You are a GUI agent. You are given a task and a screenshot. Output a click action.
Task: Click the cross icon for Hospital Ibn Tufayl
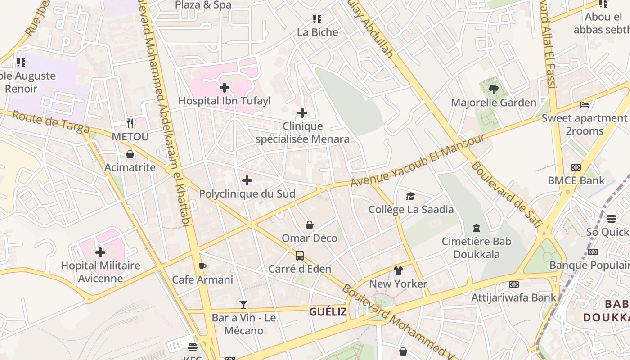tap(225, 88)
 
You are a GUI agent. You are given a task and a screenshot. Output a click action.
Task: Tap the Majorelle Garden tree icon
tap(494, 89)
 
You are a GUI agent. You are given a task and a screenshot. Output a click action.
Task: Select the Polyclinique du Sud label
tap(247, 194)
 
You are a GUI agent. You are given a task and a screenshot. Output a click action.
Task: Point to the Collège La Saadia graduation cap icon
tap(410, 196)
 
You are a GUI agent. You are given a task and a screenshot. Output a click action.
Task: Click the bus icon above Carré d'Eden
tap(300, 256)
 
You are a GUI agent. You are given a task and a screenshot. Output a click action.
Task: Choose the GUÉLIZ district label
tap(328, 311)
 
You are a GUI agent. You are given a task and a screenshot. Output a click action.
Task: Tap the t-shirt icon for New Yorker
tap(398, 270)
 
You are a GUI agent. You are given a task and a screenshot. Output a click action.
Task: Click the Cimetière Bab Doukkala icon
tap(477, 228)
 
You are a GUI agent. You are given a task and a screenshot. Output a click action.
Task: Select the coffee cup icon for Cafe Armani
tap(202, 266)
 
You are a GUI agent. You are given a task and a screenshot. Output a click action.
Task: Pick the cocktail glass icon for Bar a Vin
tap(243, 305)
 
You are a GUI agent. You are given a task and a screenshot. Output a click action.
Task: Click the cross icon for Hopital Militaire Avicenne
tap(100, 252)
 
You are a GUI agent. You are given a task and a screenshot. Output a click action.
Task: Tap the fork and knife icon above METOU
tap(130, 123)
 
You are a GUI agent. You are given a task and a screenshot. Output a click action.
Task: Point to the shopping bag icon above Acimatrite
tap(130, 154)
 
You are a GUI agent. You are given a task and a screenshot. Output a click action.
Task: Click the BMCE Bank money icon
tap(576, 167)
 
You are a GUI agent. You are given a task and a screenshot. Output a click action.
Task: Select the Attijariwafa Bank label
tap(513, 297)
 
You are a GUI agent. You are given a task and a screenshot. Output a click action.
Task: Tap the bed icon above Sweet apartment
tap(585, 105)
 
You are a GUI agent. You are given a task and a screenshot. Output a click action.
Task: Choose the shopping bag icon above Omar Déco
tap(310, 225)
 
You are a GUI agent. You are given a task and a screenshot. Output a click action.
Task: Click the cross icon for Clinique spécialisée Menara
tap(302, 113)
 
